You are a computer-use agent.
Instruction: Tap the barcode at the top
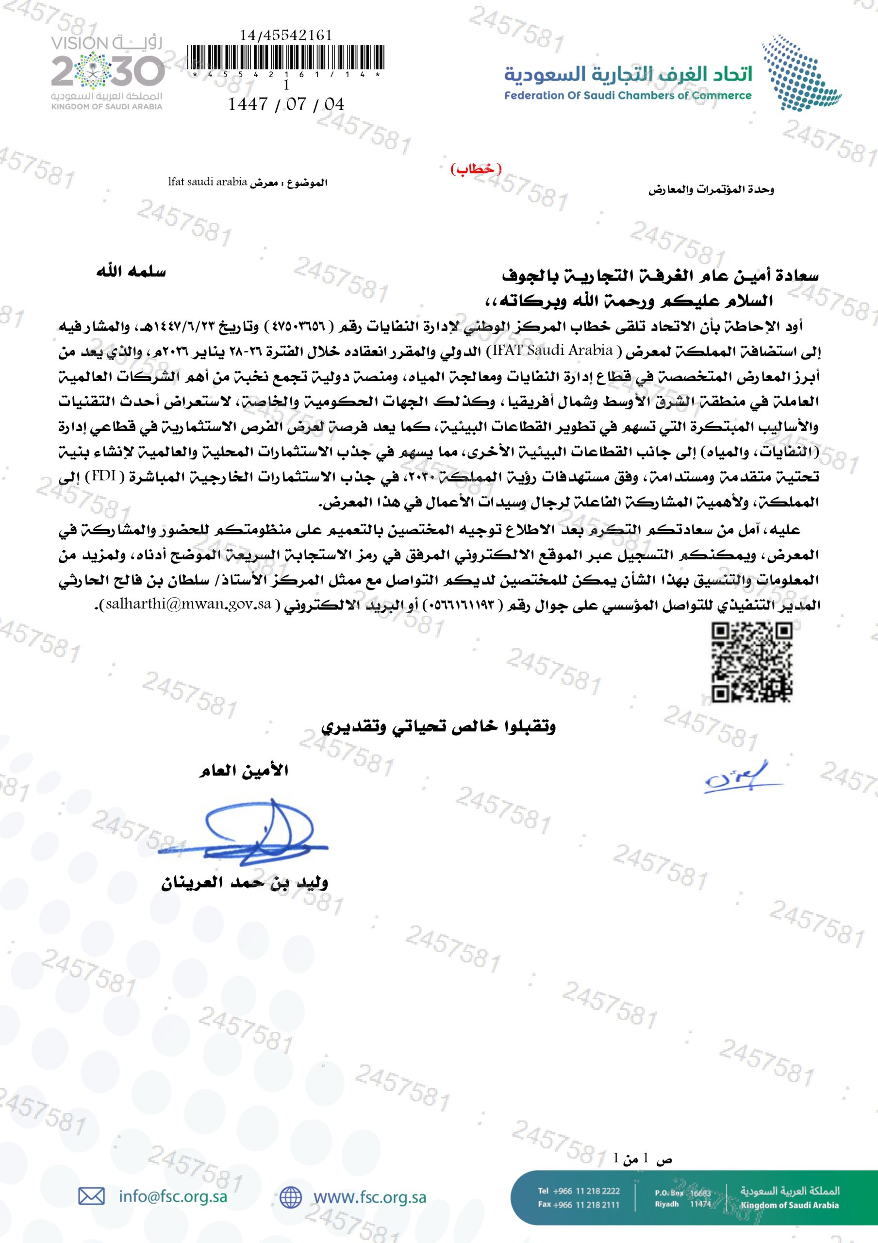click(x=285, y=58)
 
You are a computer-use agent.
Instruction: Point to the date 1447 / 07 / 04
click(x=286, y=104)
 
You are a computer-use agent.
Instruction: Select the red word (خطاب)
click(x=476, y=169)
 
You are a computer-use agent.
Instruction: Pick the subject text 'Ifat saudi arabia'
click(x=207, y=182)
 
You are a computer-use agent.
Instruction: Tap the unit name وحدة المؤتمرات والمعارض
click(x=711, y=190)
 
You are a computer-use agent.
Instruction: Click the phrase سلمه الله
click(x=131, y=272)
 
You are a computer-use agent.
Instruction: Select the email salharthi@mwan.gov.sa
click(x=189, y=604)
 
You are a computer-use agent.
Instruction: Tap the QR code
click(x=751, y=662)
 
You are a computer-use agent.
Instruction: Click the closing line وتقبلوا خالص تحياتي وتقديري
click(x=438, y=727)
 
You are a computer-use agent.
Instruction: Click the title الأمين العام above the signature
click(x=244, y=771)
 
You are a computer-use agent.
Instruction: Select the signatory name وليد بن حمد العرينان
click(x=244, y=883)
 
